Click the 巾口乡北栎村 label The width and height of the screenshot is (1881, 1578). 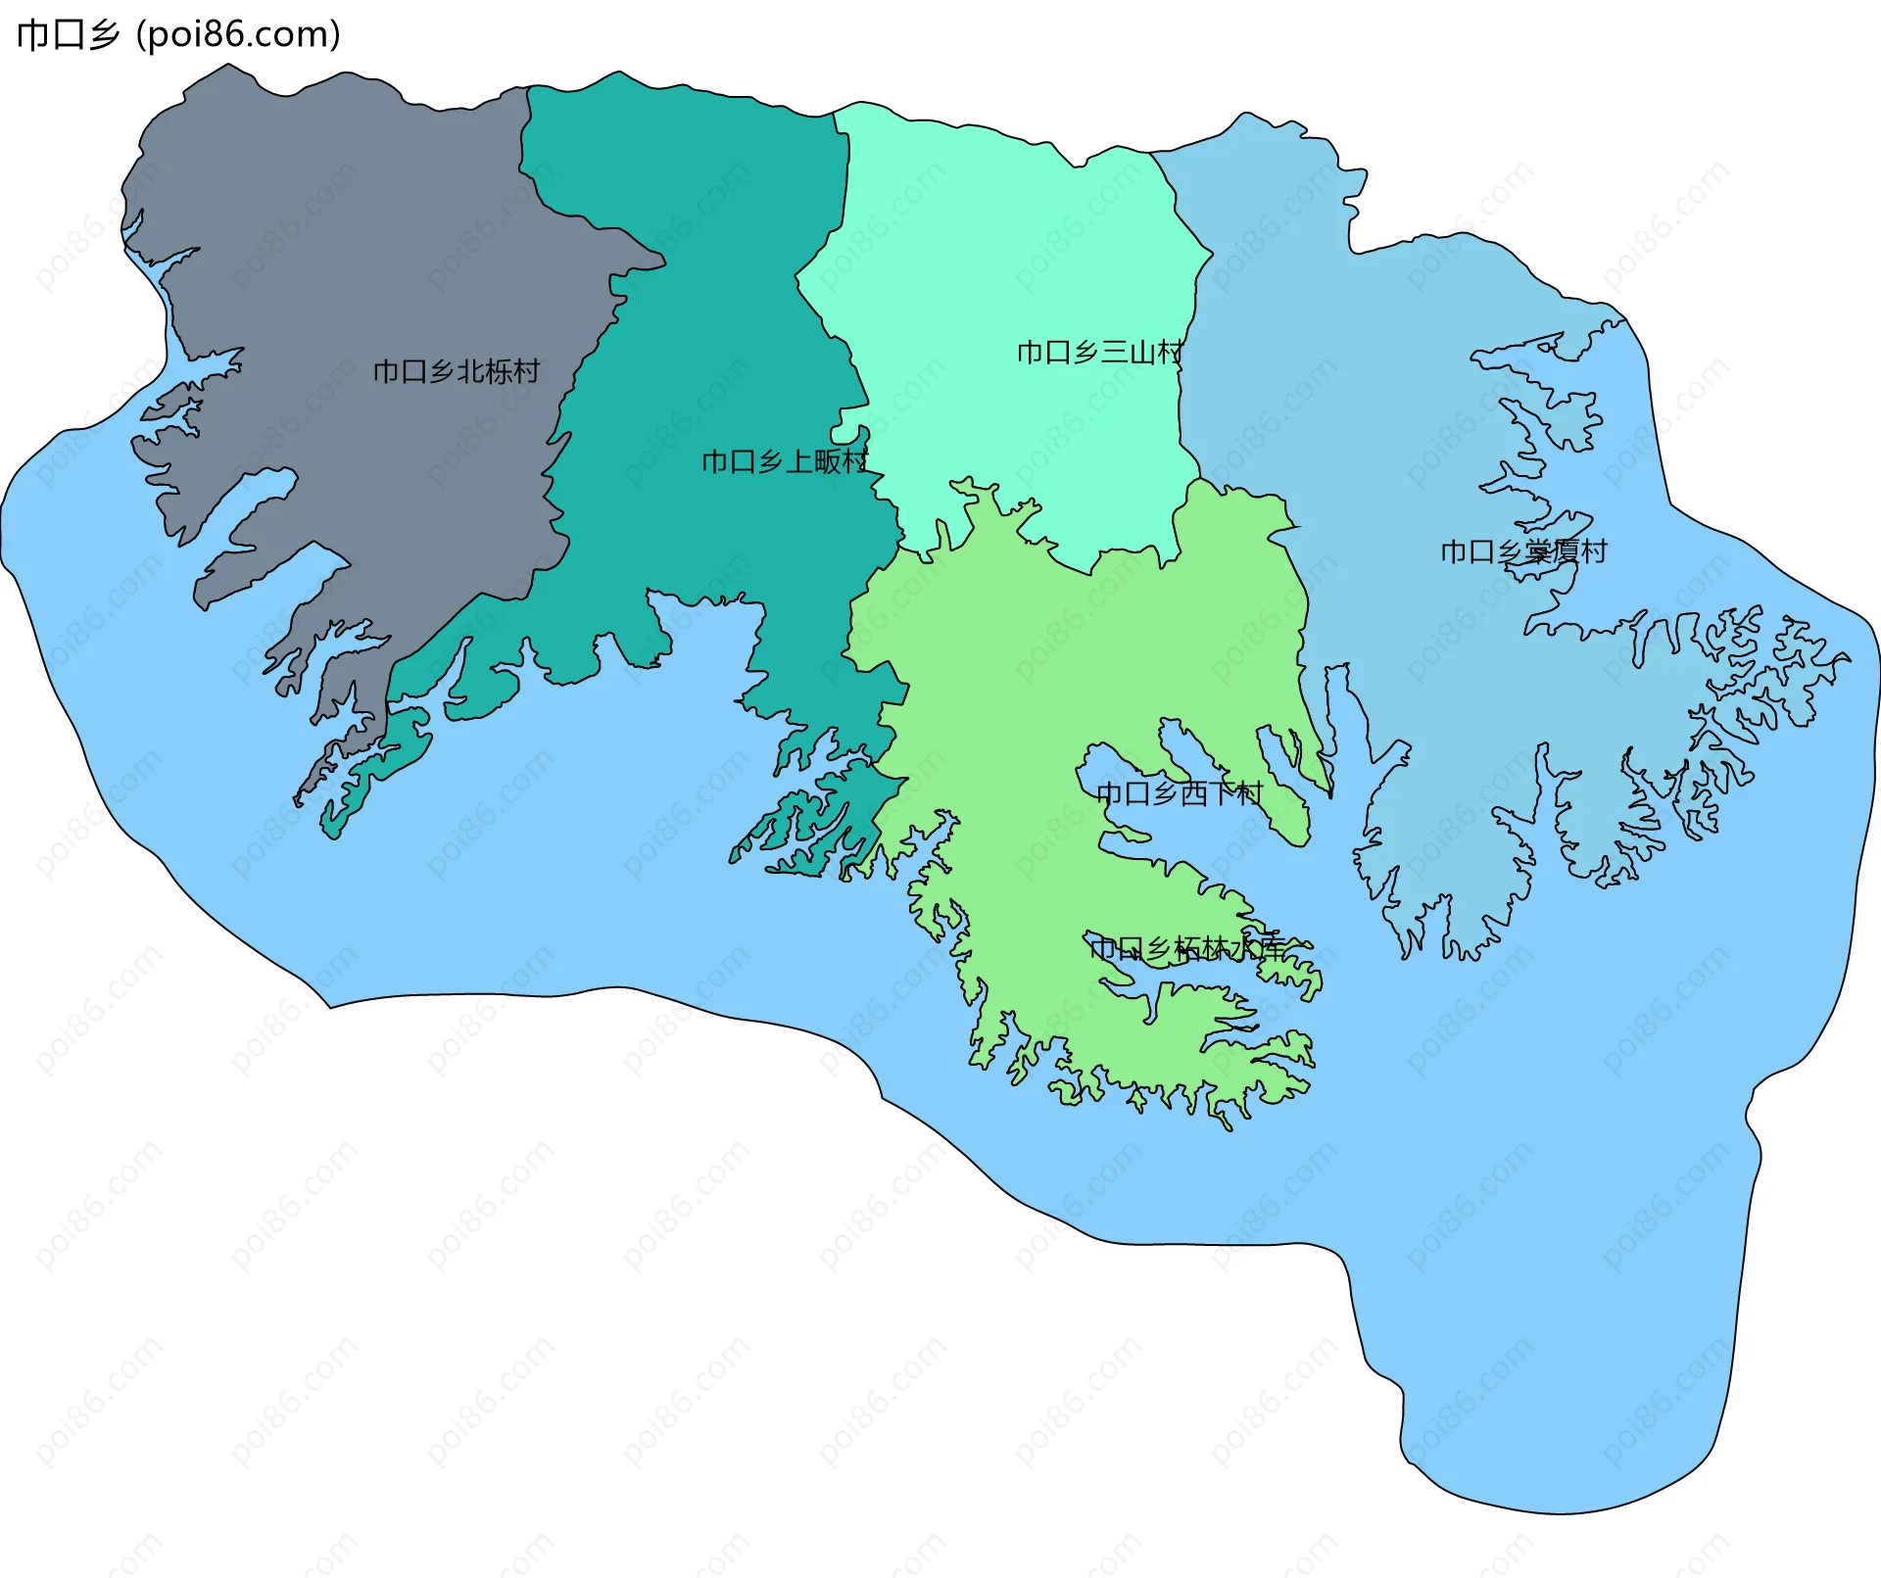[x=457, y=372]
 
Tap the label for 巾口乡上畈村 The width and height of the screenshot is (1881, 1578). [x=785, y=461]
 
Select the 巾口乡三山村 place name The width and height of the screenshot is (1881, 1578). [x=1100, y=353]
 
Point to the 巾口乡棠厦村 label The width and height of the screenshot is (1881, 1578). [x=1523, y=552]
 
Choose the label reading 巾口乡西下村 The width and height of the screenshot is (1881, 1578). [x=1180, y=793]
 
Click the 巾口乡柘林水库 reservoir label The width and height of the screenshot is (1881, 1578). [x=1186, y=948]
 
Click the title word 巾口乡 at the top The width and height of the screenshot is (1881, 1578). [x=68, y=35]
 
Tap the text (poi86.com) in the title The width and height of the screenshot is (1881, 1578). [x=238, y=35]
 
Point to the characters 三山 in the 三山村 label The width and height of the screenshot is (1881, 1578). [x=1128, y=353]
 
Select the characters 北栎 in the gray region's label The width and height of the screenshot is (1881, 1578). [x=484, y=372]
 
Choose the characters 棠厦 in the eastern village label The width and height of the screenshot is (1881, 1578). [x=1552, y=552]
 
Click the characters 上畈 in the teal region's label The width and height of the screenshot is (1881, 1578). [x=813, y=461]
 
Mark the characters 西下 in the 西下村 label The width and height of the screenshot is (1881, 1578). [x=1208, y=793]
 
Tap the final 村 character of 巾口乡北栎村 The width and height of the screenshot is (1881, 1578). [x=527, y=372]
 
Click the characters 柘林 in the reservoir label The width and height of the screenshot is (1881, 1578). [x=1201, y=948]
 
